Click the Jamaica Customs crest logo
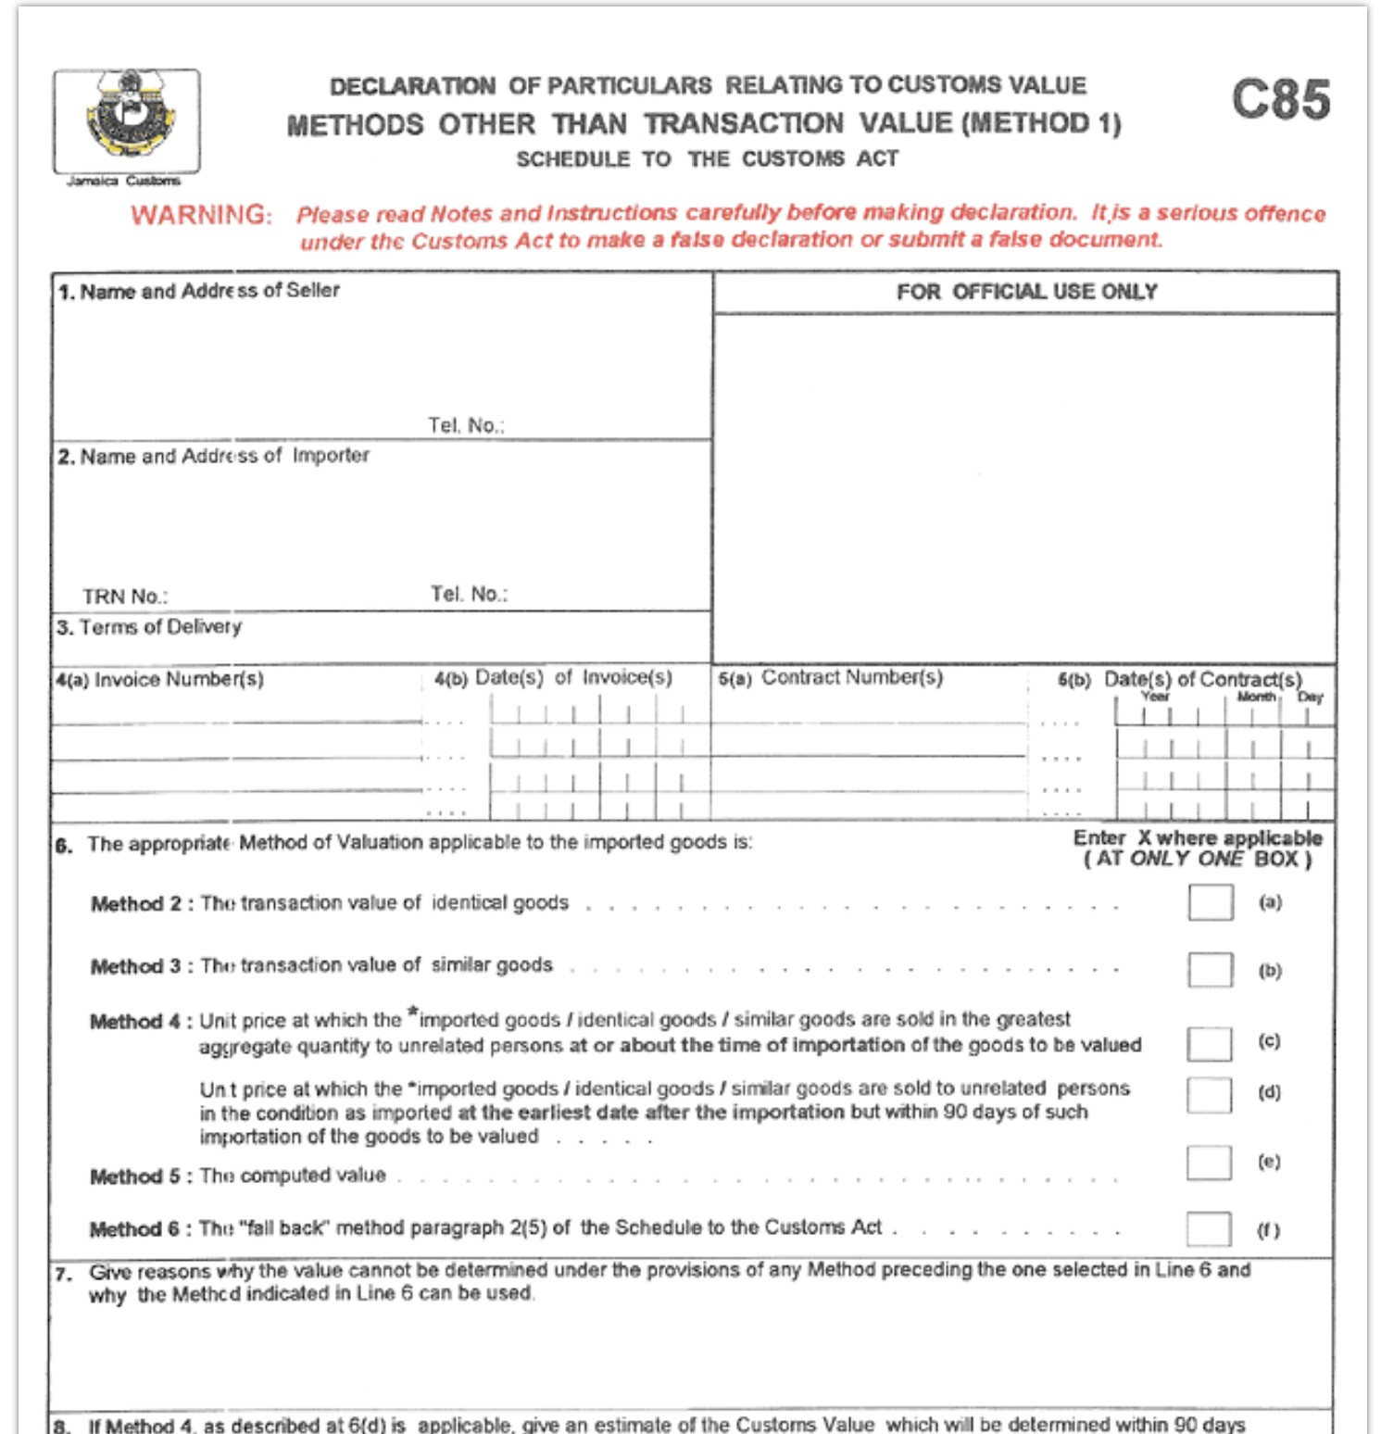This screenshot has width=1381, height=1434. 127,119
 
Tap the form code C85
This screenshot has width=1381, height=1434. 1280,100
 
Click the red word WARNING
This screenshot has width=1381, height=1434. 201,215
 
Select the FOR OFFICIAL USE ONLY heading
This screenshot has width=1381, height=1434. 1026,293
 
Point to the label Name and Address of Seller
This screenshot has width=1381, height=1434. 199,291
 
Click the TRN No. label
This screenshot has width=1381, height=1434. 125,597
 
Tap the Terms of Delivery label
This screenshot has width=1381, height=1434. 150,628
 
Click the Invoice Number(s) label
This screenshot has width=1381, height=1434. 160,680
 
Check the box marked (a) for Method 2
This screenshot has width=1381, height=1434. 1210,902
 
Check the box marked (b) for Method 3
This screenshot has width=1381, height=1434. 1210,970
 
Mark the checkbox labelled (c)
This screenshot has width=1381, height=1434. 1210,1043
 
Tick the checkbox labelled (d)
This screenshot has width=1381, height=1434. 1210,1094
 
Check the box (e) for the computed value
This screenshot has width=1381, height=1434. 1209,1163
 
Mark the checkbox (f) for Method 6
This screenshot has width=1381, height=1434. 1209,1230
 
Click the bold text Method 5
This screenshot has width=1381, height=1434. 135,1176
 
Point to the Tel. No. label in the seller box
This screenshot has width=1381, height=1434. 466,426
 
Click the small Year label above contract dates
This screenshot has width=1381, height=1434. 1155,697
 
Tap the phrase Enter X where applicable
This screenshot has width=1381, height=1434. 1198,838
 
